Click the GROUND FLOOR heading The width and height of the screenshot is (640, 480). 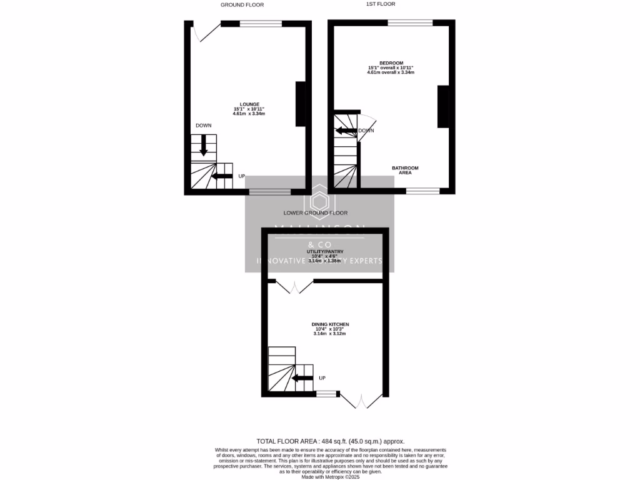[x=242, y=4]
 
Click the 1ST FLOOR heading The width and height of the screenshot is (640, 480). [x=380, y=4]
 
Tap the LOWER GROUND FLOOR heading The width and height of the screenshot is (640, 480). [x=316, y=212]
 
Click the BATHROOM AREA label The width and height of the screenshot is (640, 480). [x=405, y=170]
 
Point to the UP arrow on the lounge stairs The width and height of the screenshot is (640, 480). [x=222, y=176]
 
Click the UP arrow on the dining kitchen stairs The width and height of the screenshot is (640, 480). [x=302, y=377]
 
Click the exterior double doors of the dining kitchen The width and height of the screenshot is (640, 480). [x=363, y=400]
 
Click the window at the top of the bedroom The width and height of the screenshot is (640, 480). [x=410, y=23]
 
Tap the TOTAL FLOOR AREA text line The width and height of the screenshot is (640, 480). [x=334, y=441]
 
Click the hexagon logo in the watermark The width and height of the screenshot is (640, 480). [x=320, y=201]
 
